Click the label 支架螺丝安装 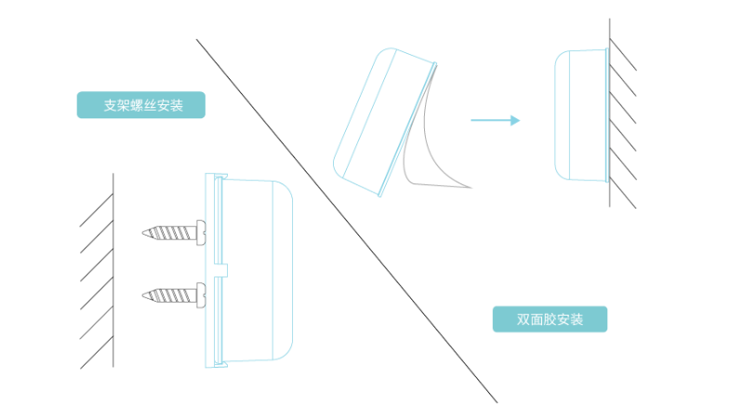click(140, 105)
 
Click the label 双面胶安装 click(550, 319)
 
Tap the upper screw click(173, 231)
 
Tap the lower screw click(173, 295)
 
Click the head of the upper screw click(201, 231)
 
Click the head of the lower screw click(201, 295)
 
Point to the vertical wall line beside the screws click(113, 270)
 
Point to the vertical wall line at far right click(610, 112)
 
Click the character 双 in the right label click(524, 319)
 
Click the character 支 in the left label click(109, 105)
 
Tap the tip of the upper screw click(144, 231)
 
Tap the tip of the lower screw click(144, 295)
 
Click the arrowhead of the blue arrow click(515, 120)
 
